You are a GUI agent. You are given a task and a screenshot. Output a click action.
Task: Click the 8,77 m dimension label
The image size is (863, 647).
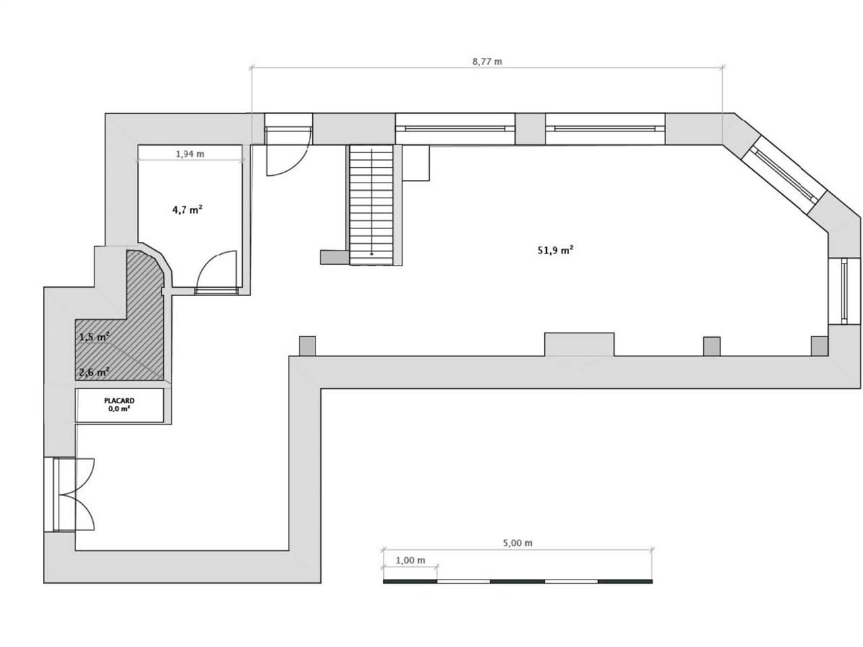[487, 61]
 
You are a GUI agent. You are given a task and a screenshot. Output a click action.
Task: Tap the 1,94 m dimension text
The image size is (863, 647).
[190, 154]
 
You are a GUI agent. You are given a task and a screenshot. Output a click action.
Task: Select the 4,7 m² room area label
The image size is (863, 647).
[187, 210]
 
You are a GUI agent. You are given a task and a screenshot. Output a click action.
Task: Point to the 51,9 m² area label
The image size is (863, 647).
[556, 250]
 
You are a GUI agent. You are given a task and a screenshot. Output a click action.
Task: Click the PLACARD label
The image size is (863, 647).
[119, 400]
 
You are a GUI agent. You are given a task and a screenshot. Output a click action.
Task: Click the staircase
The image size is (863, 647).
[371, 205]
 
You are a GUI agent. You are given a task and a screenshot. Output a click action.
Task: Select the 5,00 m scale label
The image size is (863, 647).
[517, 543]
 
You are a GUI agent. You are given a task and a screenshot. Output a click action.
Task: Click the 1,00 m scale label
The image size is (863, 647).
[411, 560]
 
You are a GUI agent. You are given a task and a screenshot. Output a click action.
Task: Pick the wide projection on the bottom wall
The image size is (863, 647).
[579, 344]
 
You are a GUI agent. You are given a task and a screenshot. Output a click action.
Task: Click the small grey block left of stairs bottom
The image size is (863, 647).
[334, 257]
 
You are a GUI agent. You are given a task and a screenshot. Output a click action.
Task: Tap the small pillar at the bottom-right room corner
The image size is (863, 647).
[819, 346]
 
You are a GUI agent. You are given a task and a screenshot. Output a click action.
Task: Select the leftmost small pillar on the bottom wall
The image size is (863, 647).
[307, 346]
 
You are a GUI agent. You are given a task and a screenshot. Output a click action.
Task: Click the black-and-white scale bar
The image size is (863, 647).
[517, 580]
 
